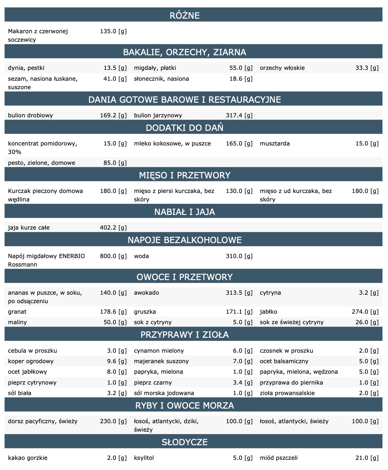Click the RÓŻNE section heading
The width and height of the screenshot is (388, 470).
click(185, 15)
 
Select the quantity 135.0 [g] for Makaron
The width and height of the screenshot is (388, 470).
click(113, 31)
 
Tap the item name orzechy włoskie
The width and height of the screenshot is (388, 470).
click(282, 68)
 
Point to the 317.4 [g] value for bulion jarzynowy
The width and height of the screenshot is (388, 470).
click(239, 115)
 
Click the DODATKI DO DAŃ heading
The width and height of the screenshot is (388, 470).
click(185, 128)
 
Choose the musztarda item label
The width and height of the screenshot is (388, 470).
click(275, 143)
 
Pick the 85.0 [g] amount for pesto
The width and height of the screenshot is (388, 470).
click(115, 163)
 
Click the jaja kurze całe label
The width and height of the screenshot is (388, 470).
click(29, 228)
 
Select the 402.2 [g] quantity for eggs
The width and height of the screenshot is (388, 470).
click(113, 228)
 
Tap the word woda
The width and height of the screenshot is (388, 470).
click(141, 256)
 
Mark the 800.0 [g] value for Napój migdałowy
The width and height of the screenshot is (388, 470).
click(113, 256)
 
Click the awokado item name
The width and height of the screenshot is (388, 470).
click(146, 293)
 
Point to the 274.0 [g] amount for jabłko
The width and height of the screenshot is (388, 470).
click(365, 312)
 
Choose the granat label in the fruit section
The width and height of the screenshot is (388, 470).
click(17, 312)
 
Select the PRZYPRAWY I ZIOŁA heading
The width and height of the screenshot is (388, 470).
click(185, 335)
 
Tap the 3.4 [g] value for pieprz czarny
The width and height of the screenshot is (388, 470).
click(243, 383)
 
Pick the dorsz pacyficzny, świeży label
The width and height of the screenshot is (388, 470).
click(43, 421)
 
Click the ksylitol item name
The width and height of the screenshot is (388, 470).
click(144, 458)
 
